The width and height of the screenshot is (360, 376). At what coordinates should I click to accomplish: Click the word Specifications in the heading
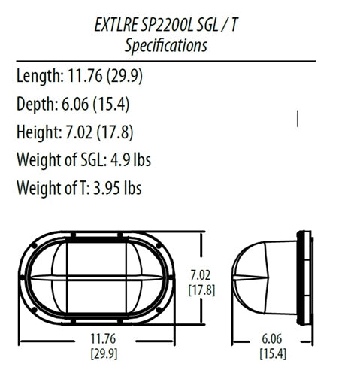(165, 45)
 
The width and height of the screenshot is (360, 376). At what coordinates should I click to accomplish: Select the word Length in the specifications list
(39, 75)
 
